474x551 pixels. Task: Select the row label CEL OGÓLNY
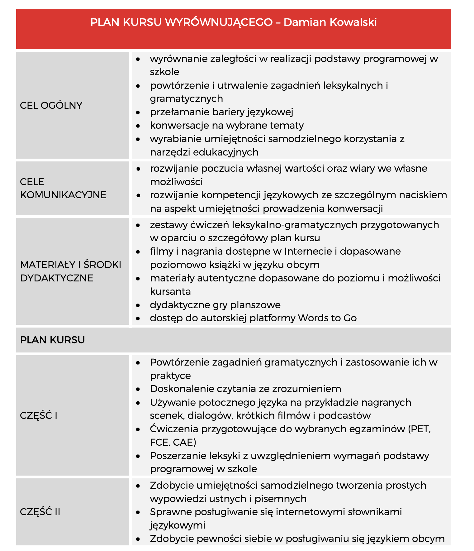pyautogui.click(x=51, y=105)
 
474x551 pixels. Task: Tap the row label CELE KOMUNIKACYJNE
pyautogui.click(x=63, y=188)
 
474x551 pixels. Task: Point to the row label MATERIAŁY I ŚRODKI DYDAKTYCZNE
pyautogui.click(x=70, y=271)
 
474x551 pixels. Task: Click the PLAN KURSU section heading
pyautogui.click(x=52, y=340)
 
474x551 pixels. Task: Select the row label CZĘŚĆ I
pyautogui.click(x=38, y=415)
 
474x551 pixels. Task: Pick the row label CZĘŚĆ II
pyautogui.click(x=40, y=512)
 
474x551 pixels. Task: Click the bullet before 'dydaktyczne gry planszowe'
pyautogui.click(x=138, y=305)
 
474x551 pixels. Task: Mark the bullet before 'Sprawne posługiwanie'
pyautogui.click(x=138, y=512)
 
